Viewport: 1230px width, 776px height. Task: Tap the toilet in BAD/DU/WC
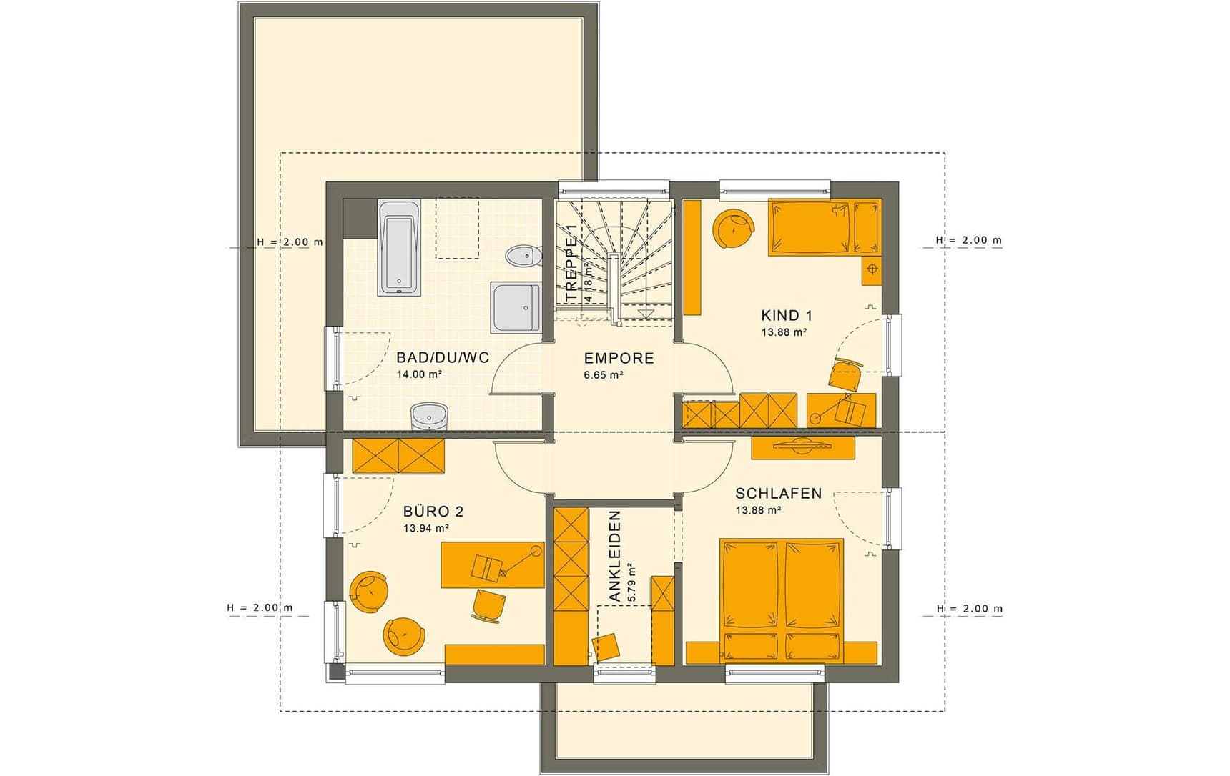click(x=523, y=255)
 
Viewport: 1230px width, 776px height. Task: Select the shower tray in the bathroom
click(x=516, y=307)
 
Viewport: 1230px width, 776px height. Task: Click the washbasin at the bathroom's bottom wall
click(x=429, y=416)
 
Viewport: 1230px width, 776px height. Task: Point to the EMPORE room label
click(x=619, y=358)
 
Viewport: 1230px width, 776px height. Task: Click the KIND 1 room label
click(x=786, y=315)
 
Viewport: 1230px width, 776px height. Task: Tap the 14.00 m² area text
click(x=419, y=374)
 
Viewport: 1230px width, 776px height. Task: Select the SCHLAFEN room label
click(x=779, y=493)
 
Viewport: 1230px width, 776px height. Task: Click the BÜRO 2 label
click(x=433, y=512)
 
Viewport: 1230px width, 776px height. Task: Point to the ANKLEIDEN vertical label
click(x=614, y=556)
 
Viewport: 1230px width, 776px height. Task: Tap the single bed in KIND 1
click(x=825, y=227)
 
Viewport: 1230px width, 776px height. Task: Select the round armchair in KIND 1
click(x=734, y=229)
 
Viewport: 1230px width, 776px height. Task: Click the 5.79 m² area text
click(x=631, y=585)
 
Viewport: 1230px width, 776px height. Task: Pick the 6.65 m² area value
click(x=604, y=375)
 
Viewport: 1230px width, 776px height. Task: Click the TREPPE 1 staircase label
click(x=571, y=263)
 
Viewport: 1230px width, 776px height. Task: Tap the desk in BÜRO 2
click(x=492, y=565)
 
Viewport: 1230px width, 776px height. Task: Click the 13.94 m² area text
click(x=426, y=529)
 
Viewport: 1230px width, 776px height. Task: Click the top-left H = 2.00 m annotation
click(x=290, y=242)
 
